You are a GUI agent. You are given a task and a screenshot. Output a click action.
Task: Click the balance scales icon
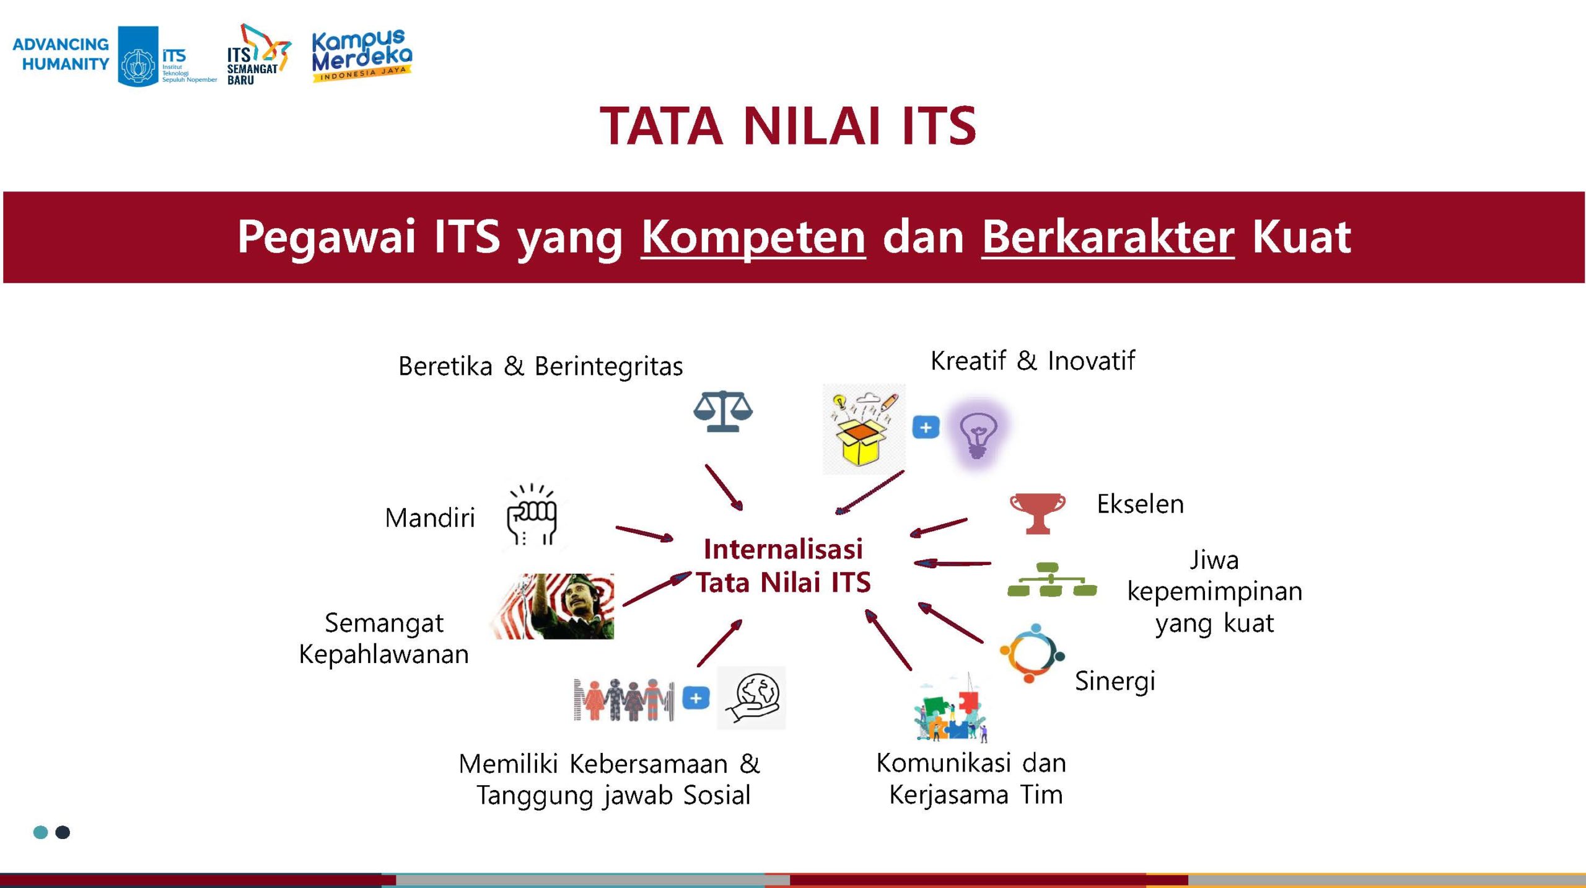722,411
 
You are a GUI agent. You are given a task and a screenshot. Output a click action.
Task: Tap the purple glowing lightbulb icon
978,434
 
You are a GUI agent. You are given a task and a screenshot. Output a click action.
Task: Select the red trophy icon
1038,513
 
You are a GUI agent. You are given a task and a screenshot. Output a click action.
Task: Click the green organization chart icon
1052,579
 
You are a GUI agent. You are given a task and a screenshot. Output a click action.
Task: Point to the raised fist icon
532,514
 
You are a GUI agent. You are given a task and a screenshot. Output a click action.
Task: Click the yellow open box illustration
864,429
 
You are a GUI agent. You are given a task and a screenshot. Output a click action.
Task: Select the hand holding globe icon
751,698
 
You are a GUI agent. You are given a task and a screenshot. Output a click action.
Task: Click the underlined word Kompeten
753,237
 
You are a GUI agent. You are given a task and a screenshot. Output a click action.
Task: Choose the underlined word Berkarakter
1108,237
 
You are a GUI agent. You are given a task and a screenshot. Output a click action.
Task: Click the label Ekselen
1140,504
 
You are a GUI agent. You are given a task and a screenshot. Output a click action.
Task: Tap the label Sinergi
1115,681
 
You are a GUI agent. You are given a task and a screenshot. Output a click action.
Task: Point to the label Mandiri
430,518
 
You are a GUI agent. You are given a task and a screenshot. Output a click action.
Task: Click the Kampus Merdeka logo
362,55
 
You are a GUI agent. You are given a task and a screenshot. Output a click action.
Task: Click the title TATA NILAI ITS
788,126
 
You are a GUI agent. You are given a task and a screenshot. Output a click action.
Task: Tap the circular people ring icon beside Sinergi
1032,653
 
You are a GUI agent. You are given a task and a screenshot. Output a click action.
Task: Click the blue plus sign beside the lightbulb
926,428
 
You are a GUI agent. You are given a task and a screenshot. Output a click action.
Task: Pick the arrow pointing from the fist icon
644,534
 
